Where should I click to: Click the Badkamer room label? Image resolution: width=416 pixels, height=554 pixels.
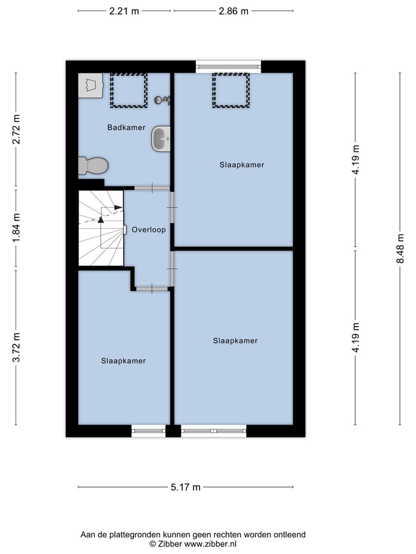(126, 128)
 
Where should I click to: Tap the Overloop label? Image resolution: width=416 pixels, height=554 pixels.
(148, 230)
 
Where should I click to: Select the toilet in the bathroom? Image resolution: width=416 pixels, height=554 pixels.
(94, 166)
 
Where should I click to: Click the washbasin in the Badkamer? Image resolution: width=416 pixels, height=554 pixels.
(161, 139)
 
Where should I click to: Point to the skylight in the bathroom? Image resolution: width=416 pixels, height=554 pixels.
(129, 90)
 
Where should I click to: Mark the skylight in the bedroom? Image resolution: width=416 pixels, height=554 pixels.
(231, 90)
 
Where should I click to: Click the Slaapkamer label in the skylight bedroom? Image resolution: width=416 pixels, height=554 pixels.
(242, 165)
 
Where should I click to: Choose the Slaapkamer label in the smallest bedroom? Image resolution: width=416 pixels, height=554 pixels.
(123, 361)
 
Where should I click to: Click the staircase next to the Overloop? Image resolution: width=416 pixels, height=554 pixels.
(101, 228)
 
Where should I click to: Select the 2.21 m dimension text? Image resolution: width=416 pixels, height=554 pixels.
(124, 11)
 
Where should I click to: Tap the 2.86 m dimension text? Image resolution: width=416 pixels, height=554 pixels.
(233, 11)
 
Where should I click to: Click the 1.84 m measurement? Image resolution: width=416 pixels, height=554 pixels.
(16, 229)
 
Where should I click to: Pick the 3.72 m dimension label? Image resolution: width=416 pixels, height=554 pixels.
(16, 347)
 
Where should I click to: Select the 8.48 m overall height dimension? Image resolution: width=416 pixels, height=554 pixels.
(400, 248)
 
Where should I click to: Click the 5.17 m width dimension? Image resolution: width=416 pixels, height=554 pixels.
(185, 488)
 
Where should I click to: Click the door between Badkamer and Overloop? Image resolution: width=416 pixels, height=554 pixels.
(152, 188)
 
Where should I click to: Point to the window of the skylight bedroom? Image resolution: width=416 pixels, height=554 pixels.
(228, 66)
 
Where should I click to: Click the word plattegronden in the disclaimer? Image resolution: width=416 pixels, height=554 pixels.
(130, 535)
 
